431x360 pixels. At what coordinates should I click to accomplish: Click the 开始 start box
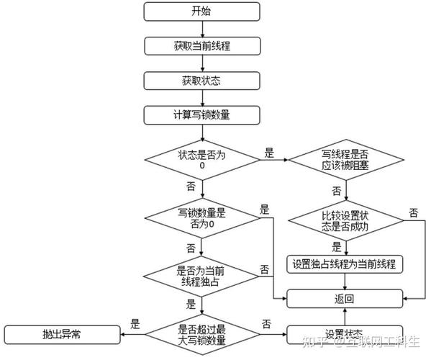point(202,11)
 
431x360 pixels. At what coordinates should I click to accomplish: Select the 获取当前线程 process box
point(202,45)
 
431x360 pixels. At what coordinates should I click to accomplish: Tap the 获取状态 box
point(202,80)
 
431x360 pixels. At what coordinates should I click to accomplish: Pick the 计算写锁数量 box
point(202,114)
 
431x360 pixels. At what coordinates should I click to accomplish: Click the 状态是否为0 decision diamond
point(202,159)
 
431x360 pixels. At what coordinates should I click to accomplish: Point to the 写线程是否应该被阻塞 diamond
point(345,159)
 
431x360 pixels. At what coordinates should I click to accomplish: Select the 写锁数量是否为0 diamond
point(202,217)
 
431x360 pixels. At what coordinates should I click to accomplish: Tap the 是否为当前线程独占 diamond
point(202,276)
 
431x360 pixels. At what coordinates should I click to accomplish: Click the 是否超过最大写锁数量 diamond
point(202,334)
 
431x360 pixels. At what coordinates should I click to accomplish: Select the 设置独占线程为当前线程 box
point(345,264)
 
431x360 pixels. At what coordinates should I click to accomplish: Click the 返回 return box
point(345,299)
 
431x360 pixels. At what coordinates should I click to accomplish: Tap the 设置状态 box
point(345,334)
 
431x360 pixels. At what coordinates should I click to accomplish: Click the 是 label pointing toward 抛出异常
point(135,325)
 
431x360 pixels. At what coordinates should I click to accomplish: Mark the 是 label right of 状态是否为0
point(270,152)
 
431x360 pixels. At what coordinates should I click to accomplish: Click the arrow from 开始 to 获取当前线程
point(202,28)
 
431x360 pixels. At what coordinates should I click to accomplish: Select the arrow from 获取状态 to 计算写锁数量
point(202,97)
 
